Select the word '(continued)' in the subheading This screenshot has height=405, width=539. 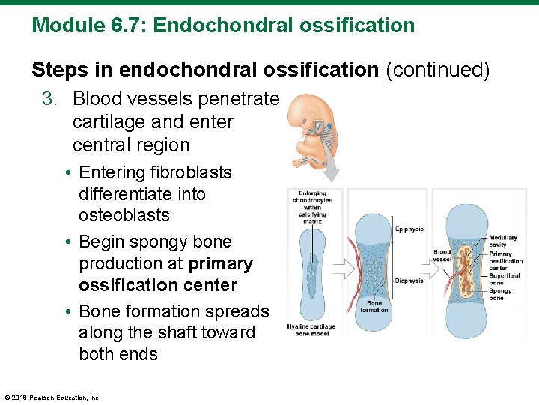click(x=437, y=70)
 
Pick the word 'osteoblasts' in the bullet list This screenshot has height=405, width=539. click(x=124, y=215)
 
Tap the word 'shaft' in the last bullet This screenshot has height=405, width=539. click(x=179, y=332)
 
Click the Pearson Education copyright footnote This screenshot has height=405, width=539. click(x=52, y=397)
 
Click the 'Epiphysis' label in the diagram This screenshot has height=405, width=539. click(x=409, y=229)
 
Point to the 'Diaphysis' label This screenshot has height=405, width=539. click(x=409, y=280)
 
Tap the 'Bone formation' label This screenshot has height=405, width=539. click(x=374, y=305)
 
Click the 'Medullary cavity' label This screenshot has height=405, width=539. click(x=502, y=241)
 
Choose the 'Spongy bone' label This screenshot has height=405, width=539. click(x=500, y=294)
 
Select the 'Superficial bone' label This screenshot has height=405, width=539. click(x=503, y=279)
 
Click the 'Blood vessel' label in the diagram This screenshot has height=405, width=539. click(x=442, y=256)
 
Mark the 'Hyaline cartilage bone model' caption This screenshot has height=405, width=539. click(x=311, y=330)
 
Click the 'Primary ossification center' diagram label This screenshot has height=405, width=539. click(x=505, y=260)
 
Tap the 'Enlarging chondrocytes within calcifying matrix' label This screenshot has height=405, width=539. click(x=311, y=206)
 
